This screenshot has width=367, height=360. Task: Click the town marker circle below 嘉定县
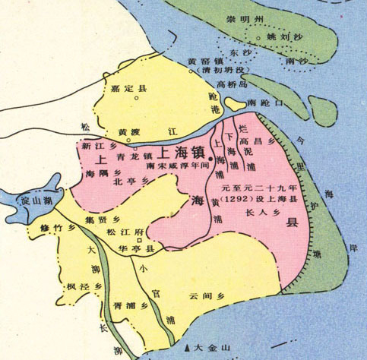pos(137,98)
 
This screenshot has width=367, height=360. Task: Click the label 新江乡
pos(96,144)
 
